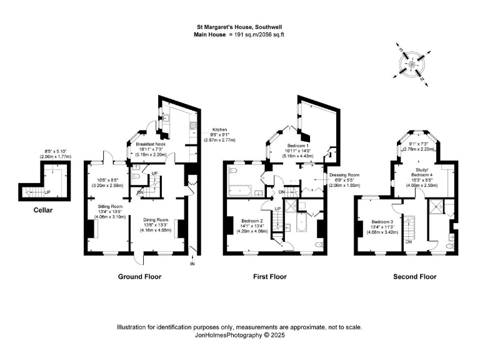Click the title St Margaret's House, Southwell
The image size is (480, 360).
coord(240,27)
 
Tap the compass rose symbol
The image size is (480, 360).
coord(412,63)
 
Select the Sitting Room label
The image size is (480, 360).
coord(108,206)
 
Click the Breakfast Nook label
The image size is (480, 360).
coord(150,144)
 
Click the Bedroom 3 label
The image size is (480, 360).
coord(382,222)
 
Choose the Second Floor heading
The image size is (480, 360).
coord(414,276)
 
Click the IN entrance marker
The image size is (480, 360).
coord(192,264)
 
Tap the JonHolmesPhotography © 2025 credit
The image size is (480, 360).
coord(240,334)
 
